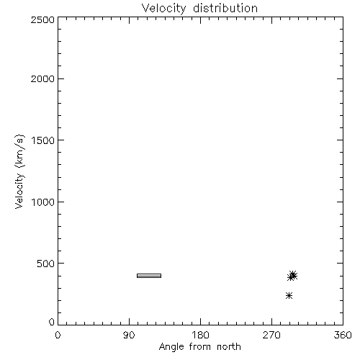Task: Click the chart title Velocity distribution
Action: (199, 9)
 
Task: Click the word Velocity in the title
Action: (164, 9)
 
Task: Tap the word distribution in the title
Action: (225, 8)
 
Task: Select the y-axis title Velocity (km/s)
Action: (19, 171)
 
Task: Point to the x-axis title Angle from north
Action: (200, 347)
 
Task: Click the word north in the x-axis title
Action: (229, 346)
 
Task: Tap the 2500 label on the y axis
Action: (42, 19)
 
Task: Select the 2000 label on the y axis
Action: (42, 78)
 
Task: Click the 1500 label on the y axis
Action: (43, 140)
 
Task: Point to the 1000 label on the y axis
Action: (43, 202)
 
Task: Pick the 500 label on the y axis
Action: (46, 264)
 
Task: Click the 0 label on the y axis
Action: (52, 322)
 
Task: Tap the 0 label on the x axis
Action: (58, 335)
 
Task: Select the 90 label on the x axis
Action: (129, 335)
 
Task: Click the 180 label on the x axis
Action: (200, 335)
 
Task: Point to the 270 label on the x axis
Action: (271, 335)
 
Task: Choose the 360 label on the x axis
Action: (343, 335)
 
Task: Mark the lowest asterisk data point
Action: (289, 295)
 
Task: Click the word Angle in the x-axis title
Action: (171, 347)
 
